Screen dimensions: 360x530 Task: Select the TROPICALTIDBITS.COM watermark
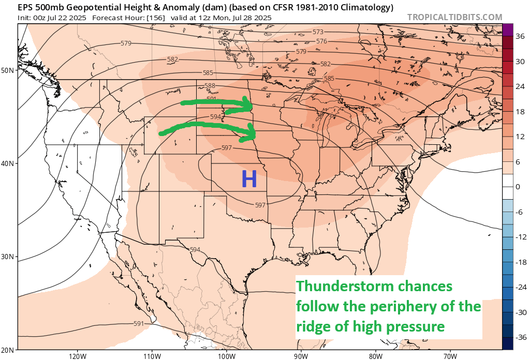point(454,17)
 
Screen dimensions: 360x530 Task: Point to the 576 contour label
point(321,41)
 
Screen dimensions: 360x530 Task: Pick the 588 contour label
point(210,86)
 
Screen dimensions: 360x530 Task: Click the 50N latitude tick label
point(7,70)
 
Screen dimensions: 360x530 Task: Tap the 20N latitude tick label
point(7,350)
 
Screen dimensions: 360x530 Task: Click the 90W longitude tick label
point(301,356)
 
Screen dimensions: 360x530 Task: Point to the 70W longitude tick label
point(450,356)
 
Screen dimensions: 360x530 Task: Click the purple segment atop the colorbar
point(507,29)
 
